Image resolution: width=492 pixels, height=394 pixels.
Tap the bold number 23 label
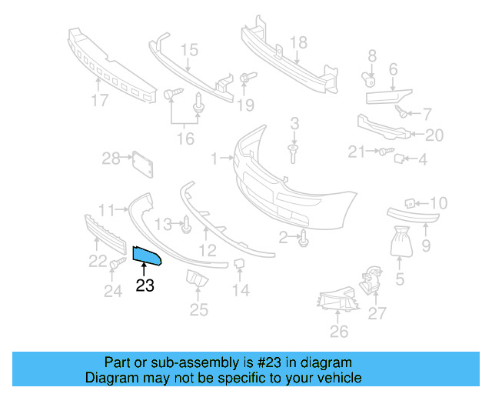coord(145,286)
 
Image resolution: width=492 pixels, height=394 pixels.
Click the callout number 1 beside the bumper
coord(214,159)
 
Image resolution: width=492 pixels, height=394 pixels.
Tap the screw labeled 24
coord(117,265)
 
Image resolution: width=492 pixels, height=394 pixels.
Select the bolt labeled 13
coord(187,225)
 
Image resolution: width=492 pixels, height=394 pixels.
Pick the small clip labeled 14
coord(238,266)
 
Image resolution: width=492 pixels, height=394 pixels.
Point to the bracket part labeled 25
coord(197,280)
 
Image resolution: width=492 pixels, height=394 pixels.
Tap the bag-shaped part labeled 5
coord(401,242)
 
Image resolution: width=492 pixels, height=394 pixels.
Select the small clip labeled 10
coord(411,203)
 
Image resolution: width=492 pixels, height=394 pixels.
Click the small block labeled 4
coord(400,159)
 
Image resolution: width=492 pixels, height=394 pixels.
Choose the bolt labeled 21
coord(382,152)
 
